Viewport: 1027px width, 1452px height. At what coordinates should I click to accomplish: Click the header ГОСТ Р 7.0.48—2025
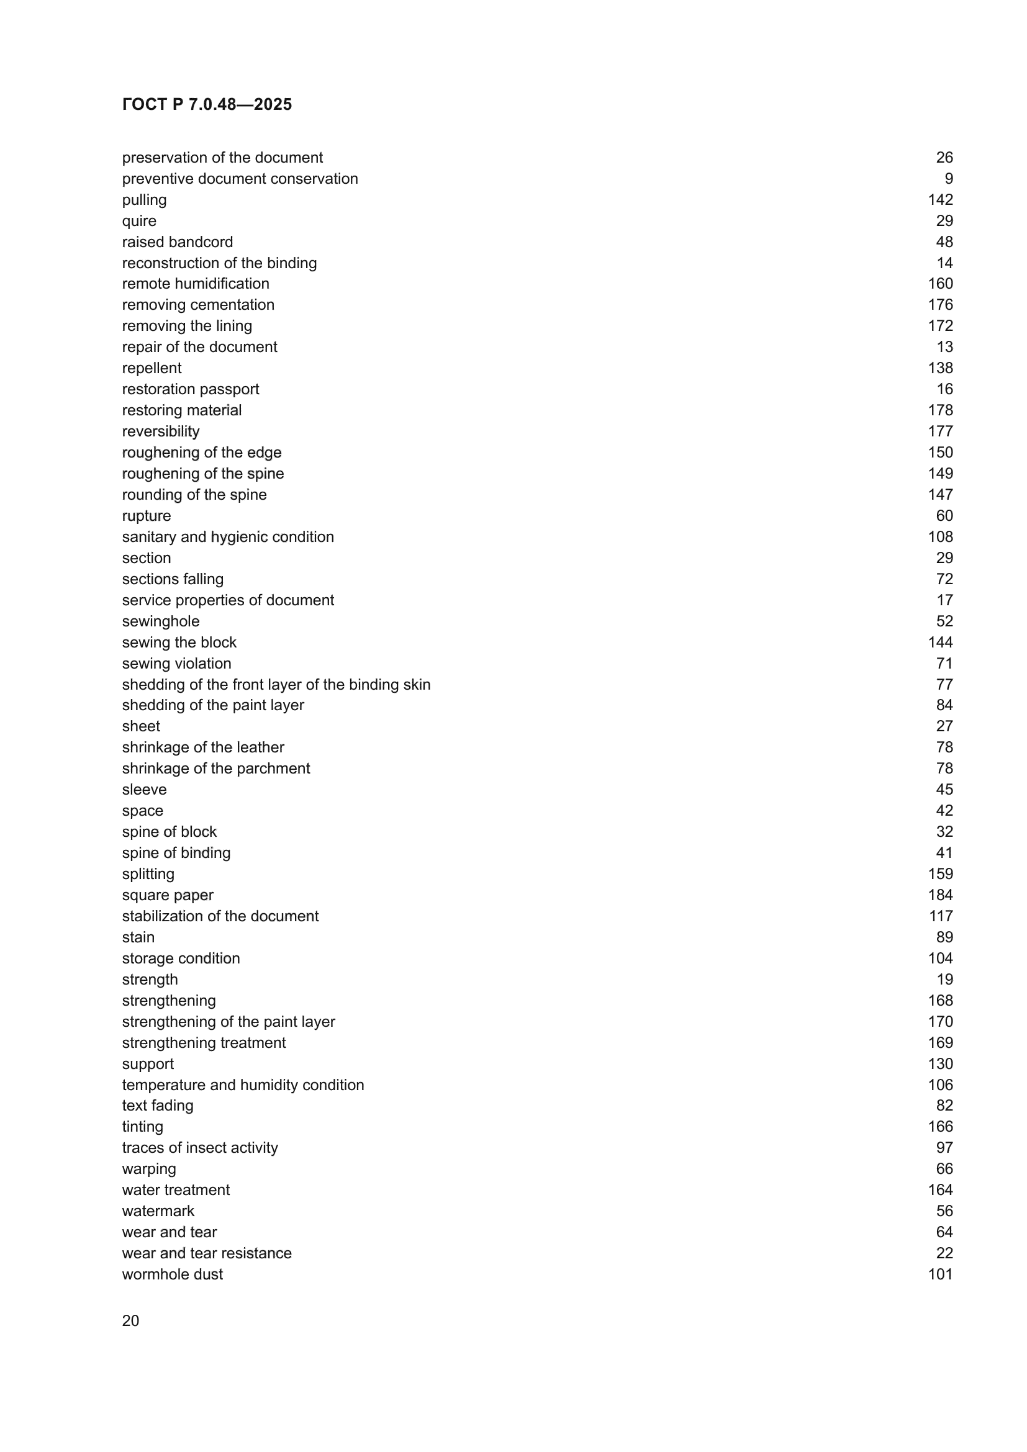(207, 104)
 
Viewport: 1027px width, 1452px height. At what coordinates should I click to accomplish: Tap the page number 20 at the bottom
(130, 1320)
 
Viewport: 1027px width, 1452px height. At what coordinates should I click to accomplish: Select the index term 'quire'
(139, 221)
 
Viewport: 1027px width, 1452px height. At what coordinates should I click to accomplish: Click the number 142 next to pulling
(939, 200)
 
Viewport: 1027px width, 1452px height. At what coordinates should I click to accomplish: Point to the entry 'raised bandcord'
(177, 241)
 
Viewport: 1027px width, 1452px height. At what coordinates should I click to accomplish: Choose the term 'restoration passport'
(191, 389)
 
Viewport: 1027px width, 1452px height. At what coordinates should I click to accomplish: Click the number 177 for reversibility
(939, 431)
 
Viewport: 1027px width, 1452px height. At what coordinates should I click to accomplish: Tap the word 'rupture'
(146, 515)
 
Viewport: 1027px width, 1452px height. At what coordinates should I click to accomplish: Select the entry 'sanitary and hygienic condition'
(228, 537)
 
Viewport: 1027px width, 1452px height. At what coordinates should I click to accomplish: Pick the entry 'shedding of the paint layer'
(212, 705)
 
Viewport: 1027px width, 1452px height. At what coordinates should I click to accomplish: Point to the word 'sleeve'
(144, 789)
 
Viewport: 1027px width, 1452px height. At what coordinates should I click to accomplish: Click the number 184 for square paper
(939, 895)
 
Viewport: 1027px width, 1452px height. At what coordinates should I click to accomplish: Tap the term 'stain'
(138, 937)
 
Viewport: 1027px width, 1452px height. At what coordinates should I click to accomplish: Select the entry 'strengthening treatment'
(204, 1042)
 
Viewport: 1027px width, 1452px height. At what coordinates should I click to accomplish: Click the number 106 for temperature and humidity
(939, 1084)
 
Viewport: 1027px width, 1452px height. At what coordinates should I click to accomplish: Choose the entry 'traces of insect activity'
(200, 1148)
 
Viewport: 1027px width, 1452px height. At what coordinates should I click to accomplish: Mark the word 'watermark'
(158, 1211)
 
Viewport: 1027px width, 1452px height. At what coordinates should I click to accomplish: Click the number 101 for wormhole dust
(939, 1274)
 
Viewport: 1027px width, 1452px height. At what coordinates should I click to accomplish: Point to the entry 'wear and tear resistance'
(207, 1253)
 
